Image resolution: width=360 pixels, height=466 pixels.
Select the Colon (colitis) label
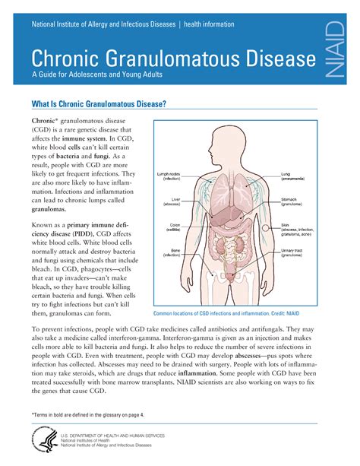[174, 227]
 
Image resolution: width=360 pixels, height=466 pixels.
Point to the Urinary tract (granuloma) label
[295, 252]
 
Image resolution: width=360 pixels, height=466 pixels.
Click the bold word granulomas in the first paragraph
[49, 209]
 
